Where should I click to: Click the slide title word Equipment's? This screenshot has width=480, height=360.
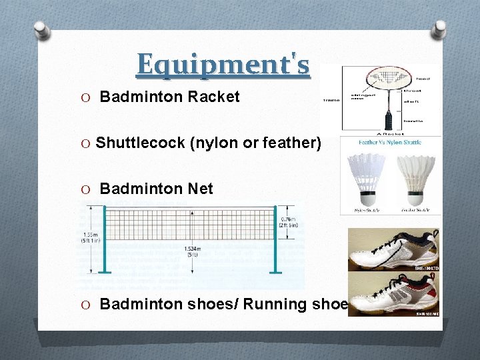click(x=223, y=65)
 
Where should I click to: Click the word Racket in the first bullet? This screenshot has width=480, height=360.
click(x=213, y=97)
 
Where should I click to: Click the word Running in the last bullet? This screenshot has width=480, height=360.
click(x=275, y=304)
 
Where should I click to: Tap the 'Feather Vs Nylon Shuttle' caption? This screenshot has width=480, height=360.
click(x=390, y=142)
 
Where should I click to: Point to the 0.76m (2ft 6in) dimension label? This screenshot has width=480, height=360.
click(x=290, y=222)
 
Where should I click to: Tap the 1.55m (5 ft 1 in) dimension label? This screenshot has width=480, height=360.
click(x=91, y=237)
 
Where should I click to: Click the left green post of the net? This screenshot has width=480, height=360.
click(x=105, y=240)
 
